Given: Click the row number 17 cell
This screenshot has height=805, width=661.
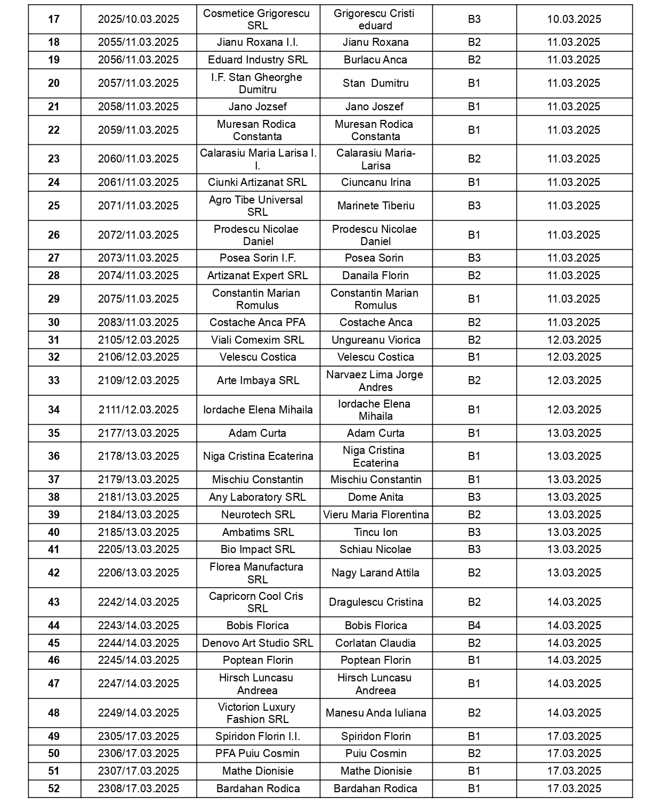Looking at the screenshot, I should pyautogui.click(x=54, y=20).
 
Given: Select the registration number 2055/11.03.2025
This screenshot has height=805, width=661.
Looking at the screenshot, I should pyautogui.click(x=138, y=43).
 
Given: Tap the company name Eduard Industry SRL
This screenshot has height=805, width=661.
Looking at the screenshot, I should pyautogui.click(x=257, y=60).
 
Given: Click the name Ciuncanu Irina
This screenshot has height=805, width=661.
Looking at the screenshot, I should pyautogui.click(x=376, y=182).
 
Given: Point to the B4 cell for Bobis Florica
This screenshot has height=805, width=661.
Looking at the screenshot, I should pyautogui.click(x=474, y=625).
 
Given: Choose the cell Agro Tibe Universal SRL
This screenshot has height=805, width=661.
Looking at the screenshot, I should pyautogui.click(x=257, y=206).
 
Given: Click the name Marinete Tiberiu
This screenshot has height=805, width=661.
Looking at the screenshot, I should pyautogui.click(x=376, y=206).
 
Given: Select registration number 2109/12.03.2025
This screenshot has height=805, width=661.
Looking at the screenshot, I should pyautogui.click(x=138, y=380).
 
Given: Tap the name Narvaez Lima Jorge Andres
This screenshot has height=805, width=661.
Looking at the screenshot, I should pyautogui.click(x=376, y=380).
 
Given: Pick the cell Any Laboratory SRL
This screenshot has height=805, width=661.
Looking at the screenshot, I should pyautogui.click(x=257, y=497).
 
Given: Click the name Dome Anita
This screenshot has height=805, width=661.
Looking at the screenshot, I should pyautogui.click(x=376, y=497).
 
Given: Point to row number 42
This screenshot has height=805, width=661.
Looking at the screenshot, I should pyautogui.click(x=54, y=573).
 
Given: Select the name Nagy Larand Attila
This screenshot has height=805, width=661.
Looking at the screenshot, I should pyautogui.click(x=376, y=573).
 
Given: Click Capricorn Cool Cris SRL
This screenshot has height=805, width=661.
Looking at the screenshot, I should pyautogui.click(x=257, y=602).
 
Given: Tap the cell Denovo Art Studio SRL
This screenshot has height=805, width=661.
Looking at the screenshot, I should pyautogui.click(x=257, y=643).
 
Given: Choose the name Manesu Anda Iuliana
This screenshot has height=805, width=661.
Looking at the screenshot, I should pyautogui.click(x=376, y=713).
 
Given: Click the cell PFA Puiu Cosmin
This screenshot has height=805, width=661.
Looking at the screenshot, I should pyautogui.click(x=257, y=753).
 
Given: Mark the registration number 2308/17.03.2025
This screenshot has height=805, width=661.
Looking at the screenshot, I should pyautogui.click(x=138, y=788).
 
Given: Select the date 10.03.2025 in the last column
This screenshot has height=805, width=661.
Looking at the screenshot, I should pyautogui.click(x=574, y=20).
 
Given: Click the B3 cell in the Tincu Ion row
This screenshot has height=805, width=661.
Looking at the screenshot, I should pyautogui.click(x=474, y=532).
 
